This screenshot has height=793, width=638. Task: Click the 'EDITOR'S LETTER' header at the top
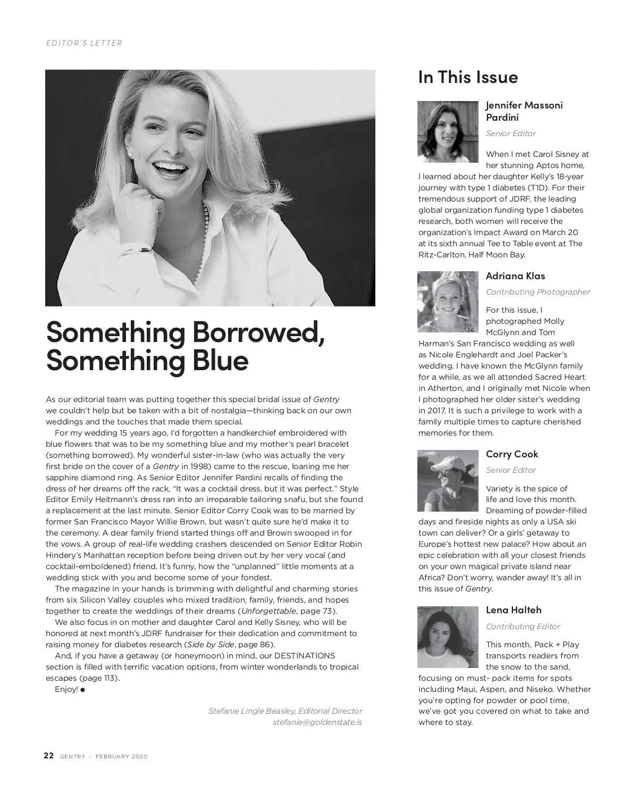(x=84, y=43)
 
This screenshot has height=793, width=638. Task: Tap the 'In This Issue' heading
(x=468, y=77)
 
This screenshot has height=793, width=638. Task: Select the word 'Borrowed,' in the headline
(x=258, y=331)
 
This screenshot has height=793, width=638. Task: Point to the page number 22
(x=48, y=756)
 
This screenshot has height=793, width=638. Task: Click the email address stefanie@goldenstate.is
(x=317, y=722)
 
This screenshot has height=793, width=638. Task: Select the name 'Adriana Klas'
(x=515, y=276)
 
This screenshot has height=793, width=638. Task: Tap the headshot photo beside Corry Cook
(x=448, y=481)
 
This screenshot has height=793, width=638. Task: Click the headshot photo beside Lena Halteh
(x=448, y=637)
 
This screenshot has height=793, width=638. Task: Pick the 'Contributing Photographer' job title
(x=538, y=292)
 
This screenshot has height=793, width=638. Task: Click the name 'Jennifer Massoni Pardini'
(x=524, y=111)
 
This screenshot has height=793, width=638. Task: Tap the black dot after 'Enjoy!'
(x=83, y=690)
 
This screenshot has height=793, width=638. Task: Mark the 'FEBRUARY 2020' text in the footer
(x=121, y=757)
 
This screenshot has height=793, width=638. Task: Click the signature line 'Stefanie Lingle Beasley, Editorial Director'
(x=285, y=711)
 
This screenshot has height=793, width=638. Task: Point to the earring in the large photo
(x=131, y=154)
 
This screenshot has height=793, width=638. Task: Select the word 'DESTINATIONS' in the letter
(x=304, y=656)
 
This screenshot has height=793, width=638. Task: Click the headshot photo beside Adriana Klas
(x=448, y=302)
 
